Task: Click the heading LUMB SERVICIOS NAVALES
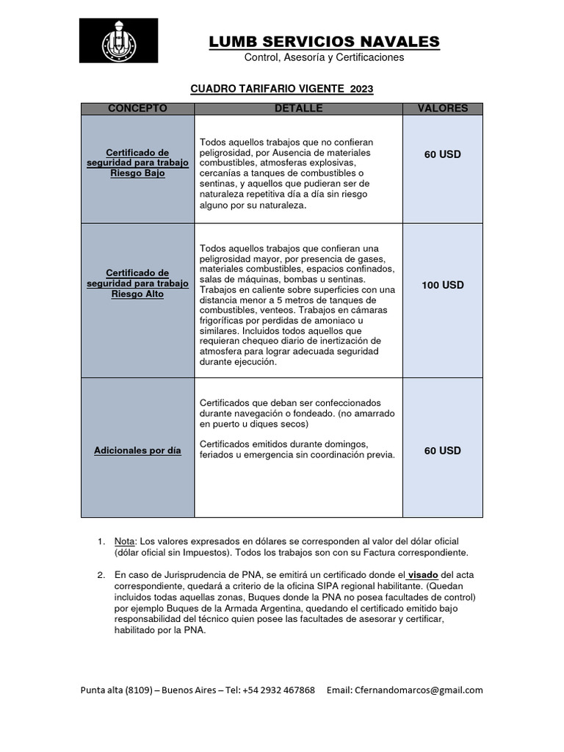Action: click(324, 41)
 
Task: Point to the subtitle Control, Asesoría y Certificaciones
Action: click(324, 58)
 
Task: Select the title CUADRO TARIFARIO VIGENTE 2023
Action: click(282, 89)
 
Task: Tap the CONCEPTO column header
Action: click(137, 109)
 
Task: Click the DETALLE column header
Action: click(298, 109)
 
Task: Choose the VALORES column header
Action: click(442, 109)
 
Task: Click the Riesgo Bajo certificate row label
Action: click(137, 163)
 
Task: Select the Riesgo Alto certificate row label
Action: click(137, 283)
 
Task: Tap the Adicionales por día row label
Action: click(137, 450)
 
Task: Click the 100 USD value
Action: click(442, 285)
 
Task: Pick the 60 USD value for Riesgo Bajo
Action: click(442, 154)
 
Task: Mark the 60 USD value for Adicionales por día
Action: click(442, 450)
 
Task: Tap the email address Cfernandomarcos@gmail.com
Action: click(419, 690)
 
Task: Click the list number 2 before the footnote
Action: click(101, 574)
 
